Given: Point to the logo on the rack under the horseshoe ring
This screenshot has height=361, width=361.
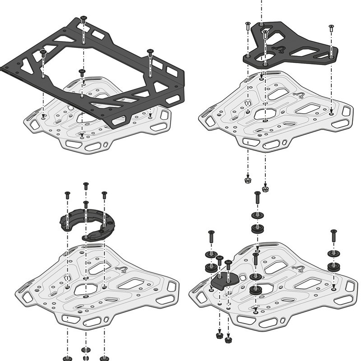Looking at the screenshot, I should click(120, 270).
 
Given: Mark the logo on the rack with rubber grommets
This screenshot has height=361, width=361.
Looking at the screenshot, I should click(298, 269).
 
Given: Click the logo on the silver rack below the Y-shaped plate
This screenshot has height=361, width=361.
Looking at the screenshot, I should click(298, 95).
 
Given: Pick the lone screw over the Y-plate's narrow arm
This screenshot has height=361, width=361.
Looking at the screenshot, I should click(331, 28).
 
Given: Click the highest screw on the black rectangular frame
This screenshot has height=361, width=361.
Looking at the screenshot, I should click(83, 19).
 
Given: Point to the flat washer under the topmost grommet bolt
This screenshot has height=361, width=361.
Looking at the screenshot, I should click(257, 215).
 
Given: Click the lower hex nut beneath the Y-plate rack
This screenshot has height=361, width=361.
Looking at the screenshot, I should click(265, 189).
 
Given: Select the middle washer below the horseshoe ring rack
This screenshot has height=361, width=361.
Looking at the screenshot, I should click(86, 350).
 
